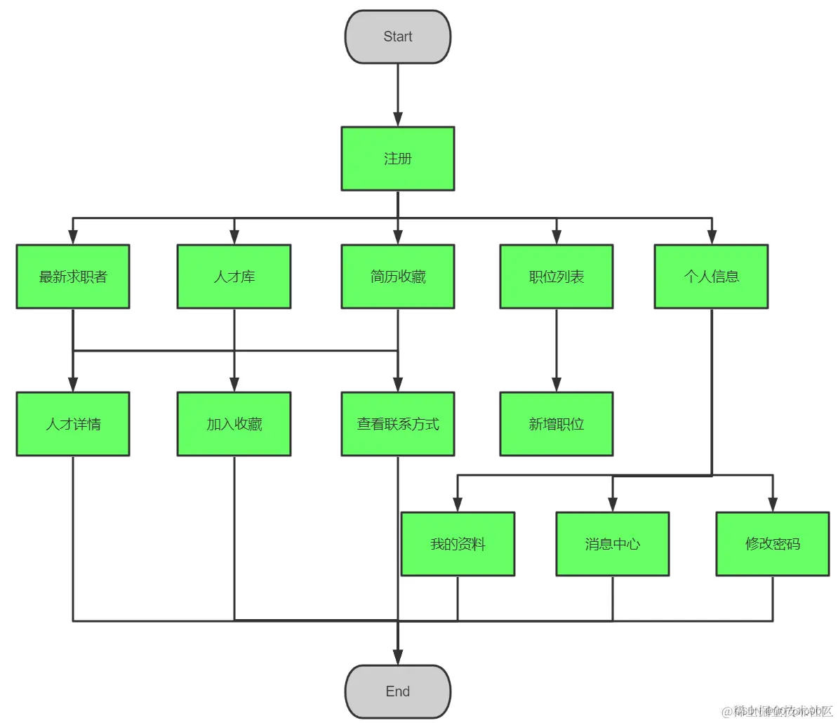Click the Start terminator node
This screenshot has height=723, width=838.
click(397, 37)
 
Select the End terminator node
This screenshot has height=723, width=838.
click(397, 691)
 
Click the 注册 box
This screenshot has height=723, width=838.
click(397, 159)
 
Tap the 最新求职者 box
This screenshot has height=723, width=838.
click(73, 277)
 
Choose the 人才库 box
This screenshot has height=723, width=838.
click(234, 277)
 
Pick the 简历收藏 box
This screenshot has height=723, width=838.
click(397, 277)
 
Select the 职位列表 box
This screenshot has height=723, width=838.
click(556, 277)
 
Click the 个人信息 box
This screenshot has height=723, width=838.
click(711, 277)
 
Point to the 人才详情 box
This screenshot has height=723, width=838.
click(73, 424)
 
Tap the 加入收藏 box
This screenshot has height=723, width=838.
click(234, 424)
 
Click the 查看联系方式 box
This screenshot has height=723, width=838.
click(397, 424)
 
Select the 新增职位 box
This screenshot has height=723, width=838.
click(556, 424)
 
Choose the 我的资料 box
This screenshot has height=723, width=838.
click(458, 544)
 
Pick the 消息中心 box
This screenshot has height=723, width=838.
click(612, 544)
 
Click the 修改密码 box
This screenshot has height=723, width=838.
click(772, 544)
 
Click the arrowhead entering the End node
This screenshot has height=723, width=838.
click(398, 657)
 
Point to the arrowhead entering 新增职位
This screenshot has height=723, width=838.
click(557, 384)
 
